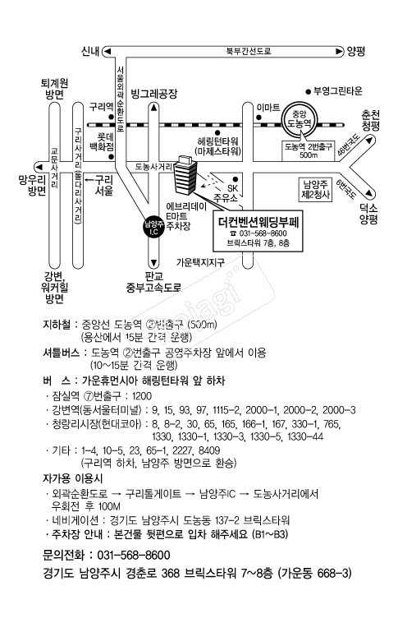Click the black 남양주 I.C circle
pos(153,228)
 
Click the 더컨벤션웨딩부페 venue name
pos(258,222)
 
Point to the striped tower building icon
pos(185,175)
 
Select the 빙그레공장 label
pos(154,95)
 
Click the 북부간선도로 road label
pos(249,52)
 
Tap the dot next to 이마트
pos(258,118)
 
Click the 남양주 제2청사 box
pos(316,190)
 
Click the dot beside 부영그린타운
pos(308,92)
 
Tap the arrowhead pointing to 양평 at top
pos(339,52)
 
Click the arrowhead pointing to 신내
pos(107,52)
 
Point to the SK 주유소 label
pos(226,192)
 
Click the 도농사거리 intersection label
pos(153,167)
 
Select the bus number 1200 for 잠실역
pos(142,396)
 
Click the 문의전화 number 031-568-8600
pos(134,555)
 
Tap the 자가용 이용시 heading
pos(72,478)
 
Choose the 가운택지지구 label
pos(200,262)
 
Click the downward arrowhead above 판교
pos(154,263)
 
